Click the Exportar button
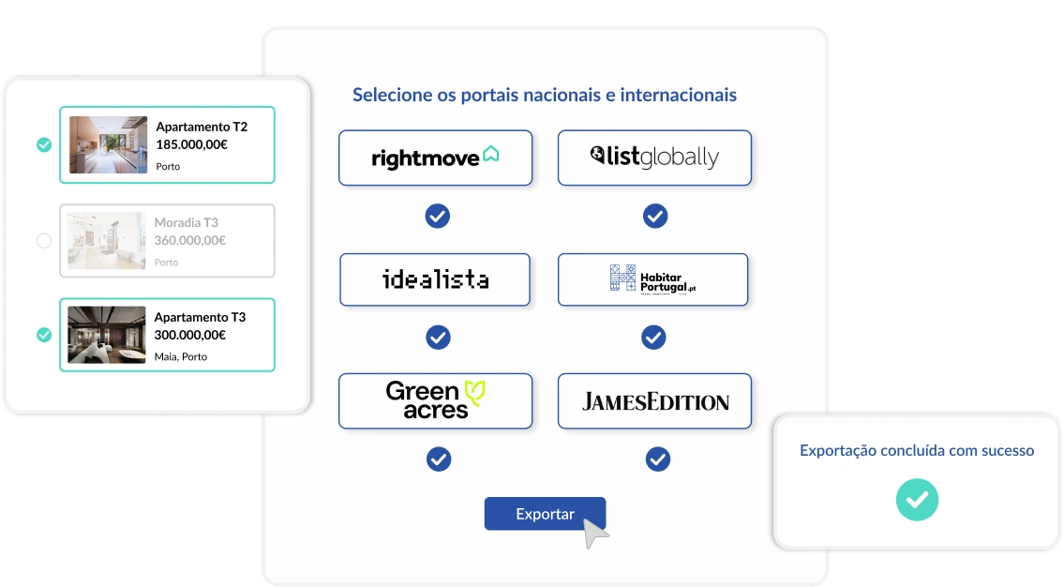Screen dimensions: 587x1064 pyautogui.click(x=545, y=514)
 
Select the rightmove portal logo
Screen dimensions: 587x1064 pyautogui.click(x=435, y=158)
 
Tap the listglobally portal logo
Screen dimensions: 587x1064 pyautogui.click(x=654, y=158)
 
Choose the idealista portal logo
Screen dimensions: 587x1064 pyautogui.click(x=435, y=279)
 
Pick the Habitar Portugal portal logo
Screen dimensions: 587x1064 pyautogui.click(x=652, y=279)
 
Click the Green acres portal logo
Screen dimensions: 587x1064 pyautogui.click(x=435, y=400)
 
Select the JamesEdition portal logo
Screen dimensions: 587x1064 pyautogui.click(x=654, y=401)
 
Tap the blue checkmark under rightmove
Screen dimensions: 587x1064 pyautogui.click(x=438, y=217)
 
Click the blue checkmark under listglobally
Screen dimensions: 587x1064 pyautogui.click(x=655, y=217)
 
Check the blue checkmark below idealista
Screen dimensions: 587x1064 pyautogui.click(x=438, y=338)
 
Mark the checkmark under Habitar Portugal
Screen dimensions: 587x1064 pyautogui.click(x=653, y=338)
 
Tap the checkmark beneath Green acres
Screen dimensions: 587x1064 pyautogui.click(x=439, y=459)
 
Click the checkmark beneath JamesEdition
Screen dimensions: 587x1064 pyautogui.click(x=658, y=459)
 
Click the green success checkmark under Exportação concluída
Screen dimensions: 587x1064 pyautogui.click(x=916, y=499)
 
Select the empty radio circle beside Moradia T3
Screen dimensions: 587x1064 pyautogui.click(x=44, y=241)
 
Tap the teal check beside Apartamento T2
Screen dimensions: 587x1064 pyautogui.click(x=44, y=144)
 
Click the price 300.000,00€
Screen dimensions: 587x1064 pyautogui.click(x=190, y=335)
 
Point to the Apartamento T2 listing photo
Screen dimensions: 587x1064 pyautogui.click(x=108, y=144)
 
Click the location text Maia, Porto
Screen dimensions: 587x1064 pyautogui.click(x=181, y=357)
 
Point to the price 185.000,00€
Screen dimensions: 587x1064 pyautogui.click(x=192, y=144)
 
